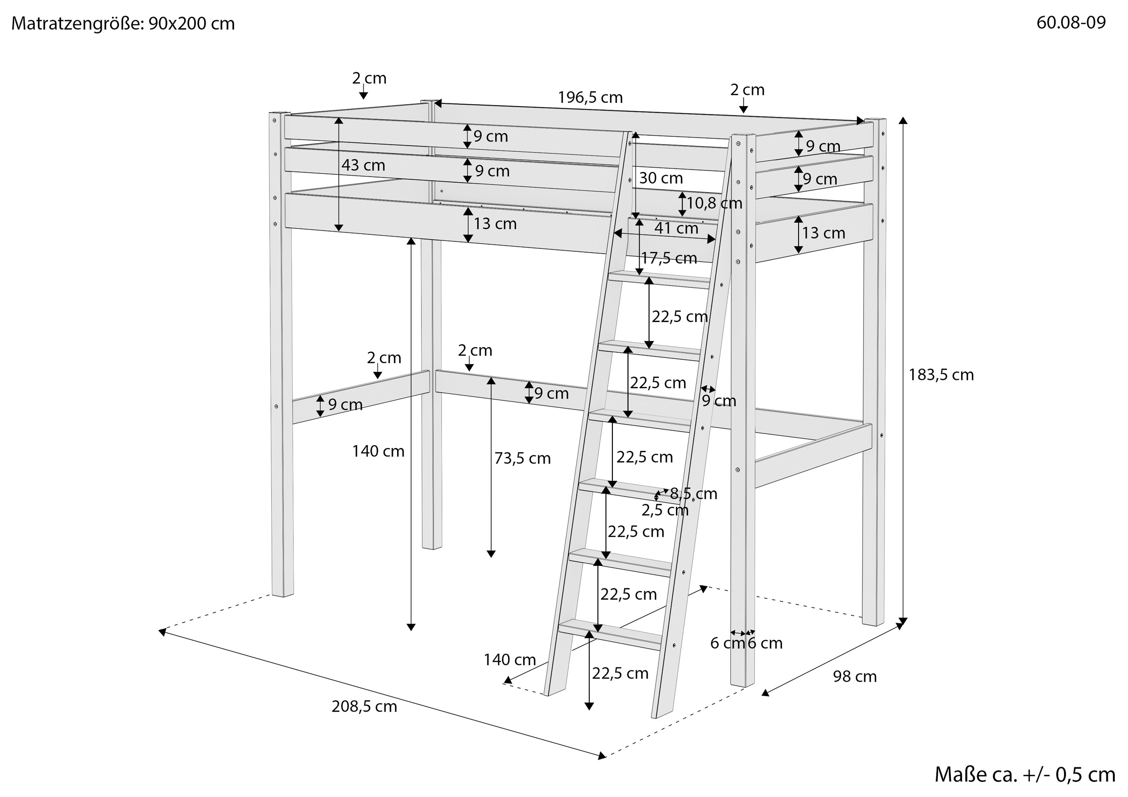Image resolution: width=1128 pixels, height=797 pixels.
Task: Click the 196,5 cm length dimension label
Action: [x=590, y=98]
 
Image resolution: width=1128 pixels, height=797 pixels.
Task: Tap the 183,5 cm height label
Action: [x=941, y=375]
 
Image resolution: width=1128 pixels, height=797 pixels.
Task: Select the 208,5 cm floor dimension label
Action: [x=364, y=707]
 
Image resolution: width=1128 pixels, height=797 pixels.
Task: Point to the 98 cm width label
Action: [x=854, y=677]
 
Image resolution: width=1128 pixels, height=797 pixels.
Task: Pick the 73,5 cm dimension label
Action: [x=522, y=459]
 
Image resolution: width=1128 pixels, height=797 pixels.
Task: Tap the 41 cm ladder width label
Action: [x=676, y=228]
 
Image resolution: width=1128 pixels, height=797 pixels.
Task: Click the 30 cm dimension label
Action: [x=661, y=178]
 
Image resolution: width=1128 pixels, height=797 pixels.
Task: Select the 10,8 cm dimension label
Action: [x=714, y=203]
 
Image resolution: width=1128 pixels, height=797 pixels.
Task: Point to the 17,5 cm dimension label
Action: [x=669, y=258]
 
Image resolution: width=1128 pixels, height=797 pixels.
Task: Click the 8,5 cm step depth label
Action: [x=693, y=494]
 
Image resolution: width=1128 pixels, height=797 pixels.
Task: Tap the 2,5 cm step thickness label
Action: [x=665, y=511]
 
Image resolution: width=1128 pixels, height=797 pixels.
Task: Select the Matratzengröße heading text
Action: [x=123, y=23]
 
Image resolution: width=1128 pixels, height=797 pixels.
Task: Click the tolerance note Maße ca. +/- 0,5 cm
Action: [x=1025, y=774]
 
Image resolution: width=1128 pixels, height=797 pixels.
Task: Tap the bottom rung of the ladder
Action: [x=610, y=634]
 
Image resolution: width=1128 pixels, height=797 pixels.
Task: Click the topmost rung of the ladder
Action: [x=659, y=279]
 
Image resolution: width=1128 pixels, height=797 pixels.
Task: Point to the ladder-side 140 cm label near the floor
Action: [x=509, y=660]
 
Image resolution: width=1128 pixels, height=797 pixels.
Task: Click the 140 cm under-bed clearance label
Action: [x=378, y=451]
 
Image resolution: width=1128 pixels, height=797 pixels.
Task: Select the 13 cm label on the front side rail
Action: [x=495, y=224]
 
